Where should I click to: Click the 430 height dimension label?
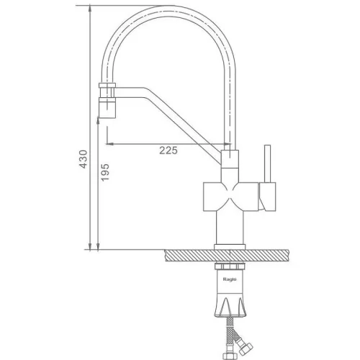click(84, 159)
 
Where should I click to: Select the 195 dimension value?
click(104, 172)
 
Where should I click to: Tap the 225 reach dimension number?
click(168, 150)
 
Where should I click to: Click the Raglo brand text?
click(230, 279)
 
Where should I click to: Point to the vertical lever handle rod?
click(267, 163)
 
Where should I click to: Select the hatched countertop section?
click(227, 256)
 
